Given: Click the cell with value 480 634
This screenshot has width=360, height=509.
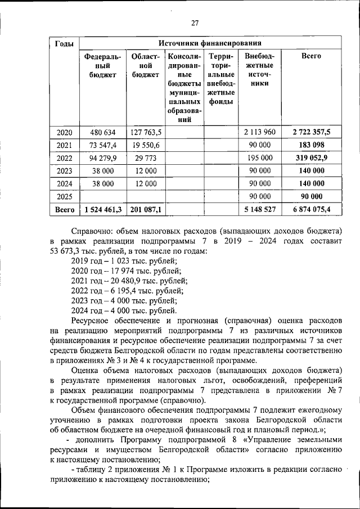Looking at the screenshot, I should [102, 133].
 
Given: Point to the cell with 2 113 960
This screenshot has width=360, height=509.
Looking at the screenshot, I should [259, 133].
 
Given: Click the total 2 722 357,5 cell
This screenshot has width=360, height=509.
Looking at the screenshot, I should [311, 133].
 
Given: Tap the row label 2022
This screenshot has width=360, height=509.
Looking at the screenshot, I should [64, 158].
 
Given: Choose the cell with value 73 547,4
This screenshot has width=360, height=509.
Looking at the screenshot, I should [102, 146].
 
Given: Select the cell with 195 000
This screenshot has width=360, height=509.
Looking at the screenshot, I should [259, 158].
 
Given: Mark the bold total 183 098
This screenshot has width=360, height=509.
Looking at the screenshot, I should [311, 146].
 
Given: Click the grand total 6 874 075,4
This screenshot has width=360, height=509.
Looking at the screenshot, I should [311, 209].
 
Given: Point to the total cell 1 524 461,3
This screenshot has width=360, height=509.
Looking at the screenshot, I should [102, 209].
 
